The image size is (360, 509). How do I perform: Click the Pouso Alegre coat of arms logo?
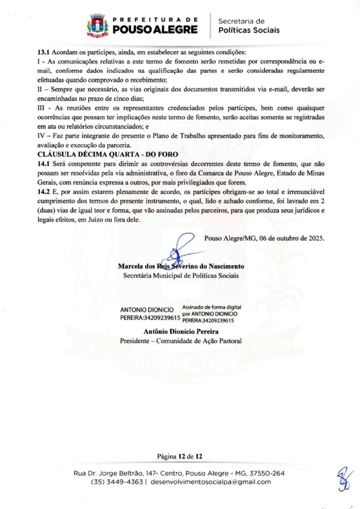(98, 25)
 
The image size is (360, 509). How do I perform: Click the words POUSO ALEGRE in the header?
(155, 30)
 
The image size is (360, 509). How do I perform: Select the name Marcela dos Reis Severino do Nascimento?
(180, 266)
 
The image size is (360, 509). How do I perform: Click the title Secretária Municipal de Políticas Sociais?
(180, 275)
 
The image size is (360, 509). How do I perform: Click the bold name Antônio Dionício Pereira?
(180, 332)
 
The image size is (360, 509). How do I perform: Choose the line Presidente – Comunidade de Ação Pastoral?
(180, 341)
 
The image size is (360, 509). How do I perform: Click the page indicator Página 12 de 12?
(180, 456)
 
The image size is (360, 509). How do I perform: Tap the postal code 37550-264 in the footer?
(267, 473)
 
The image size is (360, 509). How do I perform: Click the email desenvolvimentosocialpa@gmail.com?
(210, 482)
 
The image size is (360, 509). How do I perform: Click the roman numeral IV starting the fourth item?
(42, 136)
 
